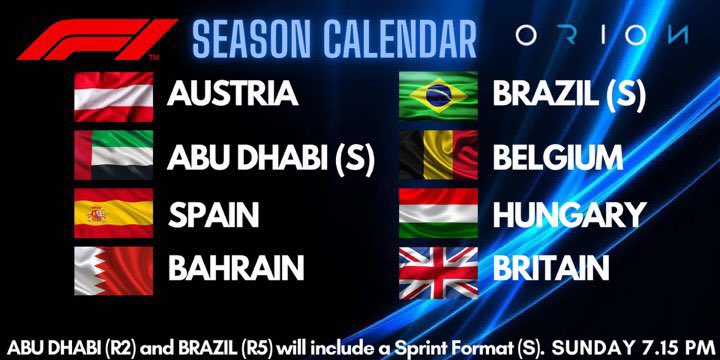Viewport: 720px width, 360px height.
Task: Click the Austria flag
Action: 113,93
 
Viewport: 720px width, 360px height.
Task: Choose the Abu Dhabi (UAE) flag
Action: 113,157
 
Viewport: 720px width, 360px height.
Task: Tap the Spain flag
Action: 113,214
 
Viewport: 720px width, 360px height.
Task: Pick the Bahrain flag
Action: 113,268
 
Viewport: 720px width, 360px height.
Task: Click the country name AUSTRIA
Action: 233,93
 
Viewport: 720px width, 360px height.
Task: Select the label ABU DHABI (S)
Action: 271,157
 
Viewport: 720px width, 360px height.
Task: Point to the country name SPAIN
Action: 214,214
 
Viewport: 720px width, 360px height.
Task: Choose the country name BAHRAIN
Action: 235,268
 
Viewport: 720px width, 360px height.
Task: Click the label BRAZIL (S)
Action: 568,95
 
